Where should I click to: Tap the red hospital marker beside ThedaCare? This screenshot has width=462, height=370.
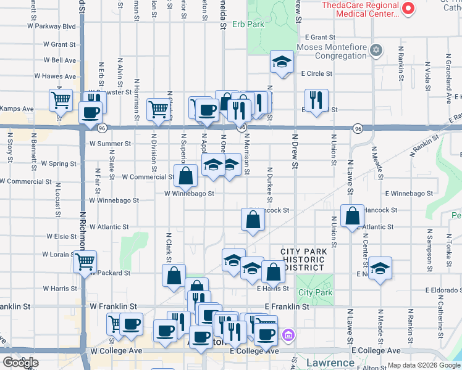point(408,9)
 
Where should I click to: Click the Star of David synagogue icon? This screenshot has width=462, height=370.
point(376,49)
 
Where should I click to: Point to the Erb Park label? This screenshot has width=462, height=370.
point(248,25)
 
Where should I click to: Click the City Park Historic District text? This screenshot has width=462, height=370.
point(302,260)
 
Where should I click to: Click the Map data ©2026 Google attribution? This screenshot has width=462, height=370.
point(423,365)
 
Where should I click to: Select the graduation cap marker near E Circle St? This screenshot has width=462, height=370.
point(282,62)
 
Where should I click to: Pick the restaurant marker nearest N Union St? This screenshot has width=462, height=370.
point(316,101)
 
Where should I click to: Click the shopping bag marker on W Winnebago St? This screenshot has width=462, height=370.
point(185,176)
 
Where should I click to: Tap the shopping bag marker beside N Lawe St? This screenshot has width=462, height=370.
point(351,216)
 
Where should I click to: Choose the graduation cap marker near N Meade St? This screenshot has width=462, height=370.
point(380,268)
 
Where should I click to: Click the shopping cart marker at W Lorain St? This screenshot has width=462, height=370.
point(85,262)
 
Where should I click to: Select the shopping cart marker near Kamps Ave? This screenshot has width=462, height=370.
point(61,100)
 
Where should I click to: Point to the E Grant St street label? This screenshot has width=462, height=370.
point(318,38)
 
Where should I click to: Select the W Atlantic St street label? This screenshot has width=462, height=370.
point(109,227)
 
